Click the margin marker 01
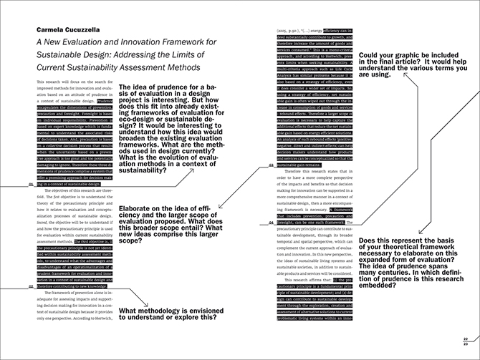click(30, 184)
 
